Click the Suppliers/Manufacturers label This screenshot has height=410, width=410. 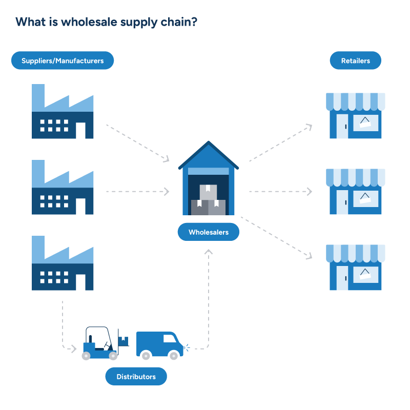click(x=63, y=60)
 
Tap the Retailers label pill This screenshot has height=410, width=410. click(x=355, y=60)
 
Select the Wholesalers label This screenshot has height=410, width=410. click(x=208, y=232)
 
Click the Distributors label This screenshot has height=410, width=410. click(x=136, y=377)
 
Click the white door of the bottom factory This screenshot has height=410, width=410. click(x=80, y=282)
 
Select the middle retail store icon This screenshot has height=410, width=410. click(x=356, y=192)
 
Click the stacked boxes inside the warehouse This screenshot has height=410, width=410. click(x=208, y=200)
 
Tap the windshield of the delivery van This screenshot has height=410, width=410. click(x=170, y=338)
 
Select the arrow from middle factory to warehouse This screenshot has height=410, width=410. click(x=137, y=192)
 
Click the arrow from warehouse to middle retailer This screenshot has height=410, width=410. click(x=280, y=192)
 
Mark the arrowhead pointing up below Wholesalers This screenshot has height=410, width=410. click(x=208, y=252)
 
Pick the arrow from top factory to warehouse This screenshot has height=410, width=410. click(x=137, y=142)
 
